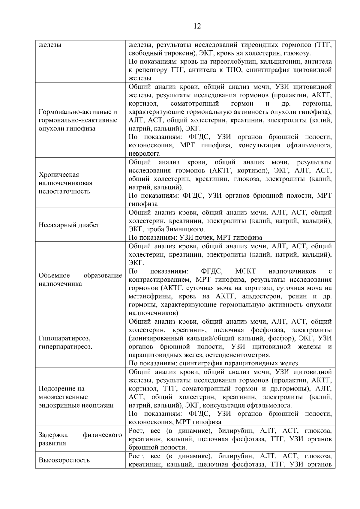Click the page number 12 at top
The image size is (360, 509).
[x=197, y=26]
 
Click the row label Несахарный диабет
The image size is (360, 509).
[x=69, y=225]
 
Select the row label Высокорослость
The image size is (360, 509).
[x=64, y=460]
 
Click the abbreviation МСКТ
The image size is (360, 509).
[x=245, y=271]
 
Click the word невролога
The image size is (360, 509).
[x=144, y=154]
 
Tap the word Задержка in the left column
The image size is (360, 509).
[x=53, y=435]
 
